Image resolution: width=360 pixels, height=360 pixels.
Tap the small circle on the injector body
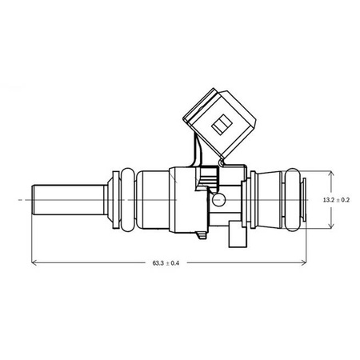(x=218, y=200)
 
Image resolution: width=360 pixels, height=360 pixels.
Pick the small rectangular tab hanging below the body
(x=237, y=238)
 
